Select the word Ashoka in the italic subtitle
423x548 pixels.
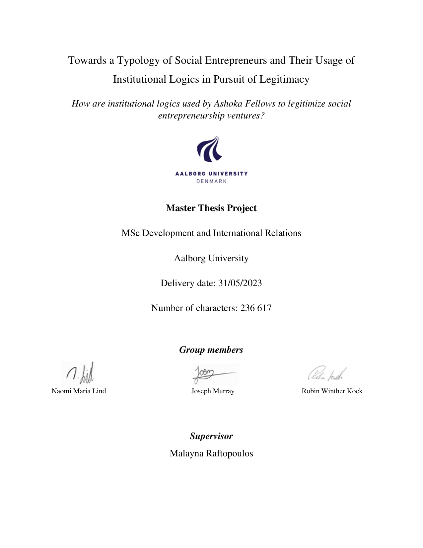228,104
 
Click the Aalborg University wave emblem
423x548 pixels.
210,149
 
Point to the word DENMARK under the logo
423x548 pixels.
211,181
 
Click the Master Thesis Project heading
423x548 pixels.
211,208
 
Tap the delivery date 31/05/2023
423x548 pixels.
240,283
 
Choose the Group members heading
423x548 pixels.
211,350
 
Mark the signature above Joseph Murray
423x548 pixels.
214,373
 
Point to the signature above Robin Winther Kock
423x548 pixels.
327,374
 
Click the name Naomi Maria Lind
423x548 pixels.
79,391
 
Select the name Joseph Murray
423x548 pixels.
213,391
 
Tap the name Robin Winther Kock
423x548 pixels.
332,391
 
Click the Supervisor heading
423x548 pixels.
211,436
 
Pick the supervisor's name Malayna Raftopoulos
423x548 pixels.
211,453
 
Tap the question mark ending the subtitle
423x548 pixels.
262,116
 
